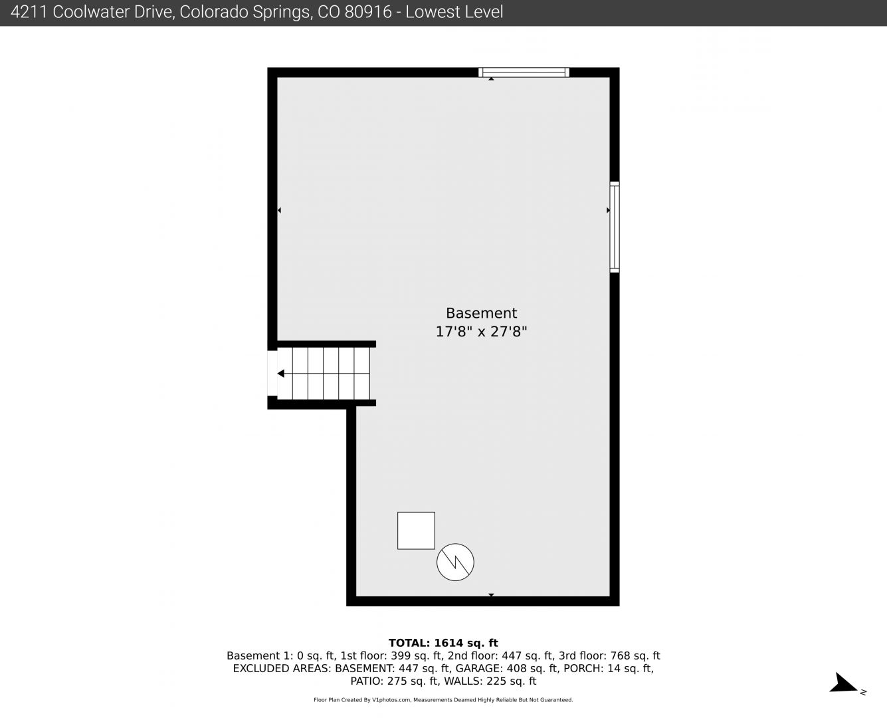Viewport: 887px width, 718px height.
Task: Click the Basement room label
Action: [481, 313]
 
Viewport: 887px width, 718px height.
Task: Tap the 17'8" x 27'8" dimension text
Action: [481, 332]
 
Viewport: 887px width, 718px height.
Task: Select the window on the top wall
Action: [524, 72]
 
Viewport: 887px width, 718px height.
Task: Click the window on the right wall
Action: [614, 227]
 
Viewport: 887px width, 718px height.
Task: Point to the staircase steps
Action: [323, 374]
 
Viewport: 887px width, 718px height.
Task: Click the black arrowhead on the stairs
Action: [280, 374]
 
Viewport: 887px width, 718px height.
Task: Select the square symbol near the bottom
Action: [416, 531]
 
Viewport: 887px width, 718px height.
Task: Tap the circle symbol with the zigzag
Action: [455, 562]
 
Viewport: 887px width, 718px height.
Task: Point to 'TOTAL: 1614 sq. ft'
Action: [443, 643]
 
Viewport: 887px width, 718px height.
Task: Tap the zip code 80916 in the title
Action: [367, 12]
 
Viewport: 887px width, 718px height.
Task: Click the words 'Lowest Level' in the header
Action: [454, 12]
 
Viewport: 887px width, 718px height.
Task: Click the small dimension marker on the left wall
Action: [280, 211]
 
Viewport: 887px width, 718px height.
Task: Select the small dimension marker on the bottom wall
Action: [491, 595]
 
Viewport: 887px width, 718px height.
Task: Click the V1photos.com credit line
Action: [443, 700]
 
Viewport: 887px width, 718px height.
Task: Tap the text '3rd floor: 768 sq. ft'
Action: [609, 656]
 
